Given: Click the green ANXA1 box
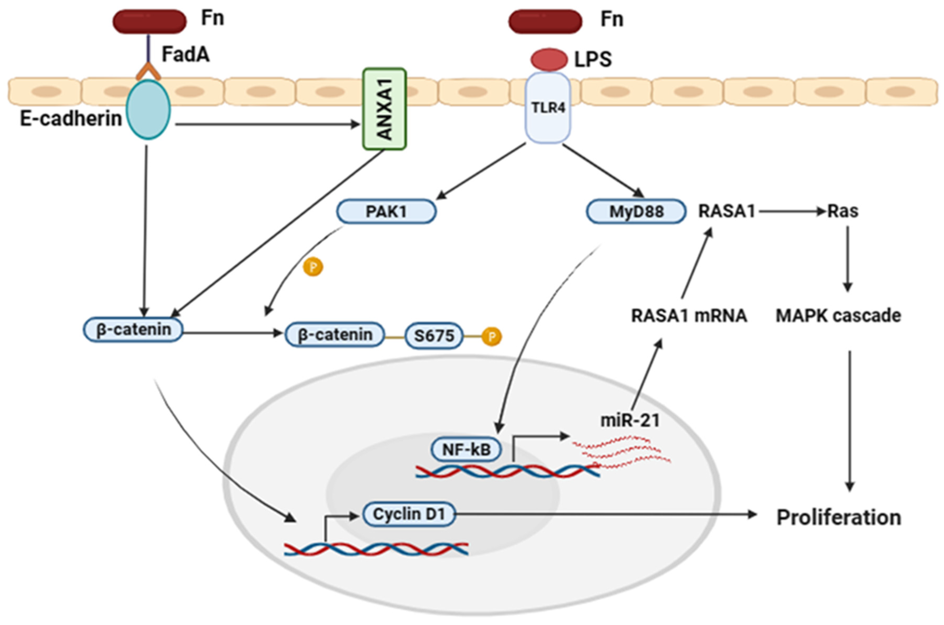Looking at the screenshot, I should [x=384, y=109].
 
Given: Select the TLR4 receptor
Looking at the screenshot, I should [x=548, y=108].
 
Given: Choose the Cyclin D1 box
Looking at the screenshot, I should [x=409, y=514].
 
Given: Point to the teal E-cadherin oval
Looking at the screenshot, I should [x=148, y=109].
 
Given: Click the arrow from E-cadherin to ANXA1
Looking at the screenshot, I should [x=267, y=124].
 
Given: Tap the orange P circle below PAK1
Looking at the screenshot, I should [x=313, y=267].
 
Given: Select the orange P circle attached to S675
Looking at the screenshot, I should [x=491, y=337].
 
